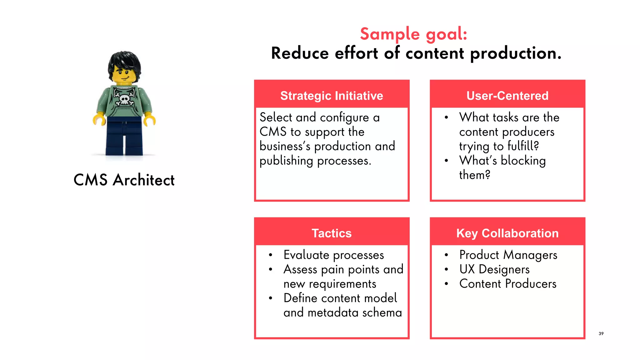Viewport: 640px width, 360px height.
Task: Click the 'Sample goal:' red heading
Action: tap(413, 34)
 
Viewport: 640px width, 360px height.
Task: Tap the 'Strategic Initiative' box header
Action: tap(332, 96)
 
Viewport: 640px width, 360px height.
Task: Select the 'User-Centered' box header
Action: tap(507, 96)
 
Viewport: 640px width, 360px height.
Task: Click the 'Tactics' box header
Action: tap(332, 233)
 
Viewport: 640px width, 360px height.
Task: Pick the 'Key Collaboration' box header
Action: tap(507, 233)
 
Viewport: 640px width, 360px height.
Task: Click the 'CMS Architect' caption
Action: tap(124, 180)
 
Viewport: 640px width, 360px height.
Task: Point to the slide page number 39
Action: tap(601, 333)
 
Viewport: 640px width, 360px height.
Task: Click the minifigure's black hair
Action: tap(124, 61)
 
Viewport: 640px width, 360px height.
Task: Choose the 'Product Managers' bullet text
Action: tap(508, 255)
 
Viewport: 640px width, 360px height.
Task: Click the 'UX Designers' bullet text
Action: tap(494, 269)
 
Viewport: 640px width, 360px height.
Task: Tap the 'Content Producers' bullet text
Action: tap(508, 284)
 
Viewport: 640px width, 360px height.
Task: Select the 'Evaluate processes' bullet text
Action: tap(334, 255)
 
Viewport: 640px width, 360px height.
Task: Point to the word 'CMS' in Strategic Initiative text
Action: tap(273, 132)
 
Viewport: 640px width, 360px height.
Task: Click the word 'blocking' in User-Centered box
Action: tap(523, 161)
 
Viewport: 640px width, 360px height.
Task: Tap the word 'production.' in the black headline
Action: tap(516, 54)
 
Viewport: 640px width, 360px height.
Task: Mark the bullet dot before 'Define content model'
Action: tap(271, 298)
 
